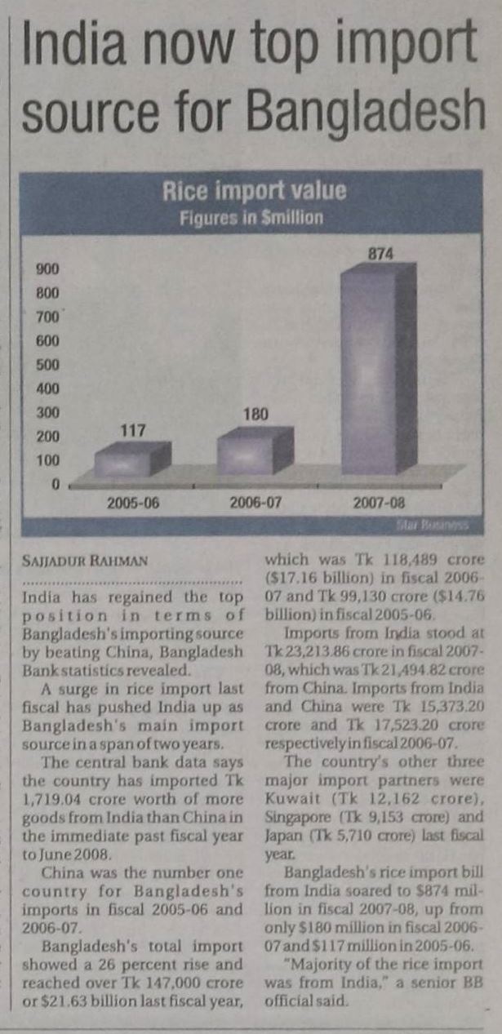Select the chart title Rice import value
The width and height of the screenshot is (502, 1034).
pos(254,192)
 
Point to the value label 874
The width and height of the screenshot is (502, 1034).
pos(380,255)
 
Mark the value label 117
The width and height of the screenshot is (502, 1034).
pos(132,428)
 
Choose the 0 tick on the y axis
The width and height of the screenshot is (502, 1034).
pos(58,484)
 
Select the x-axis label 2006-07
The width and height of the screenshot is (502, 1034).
pos(256,503)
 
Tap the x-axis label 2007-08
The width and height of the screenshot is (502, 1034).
pos(380,503)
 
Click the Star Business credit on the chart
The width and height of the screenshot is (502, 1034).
pos(444,526)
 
